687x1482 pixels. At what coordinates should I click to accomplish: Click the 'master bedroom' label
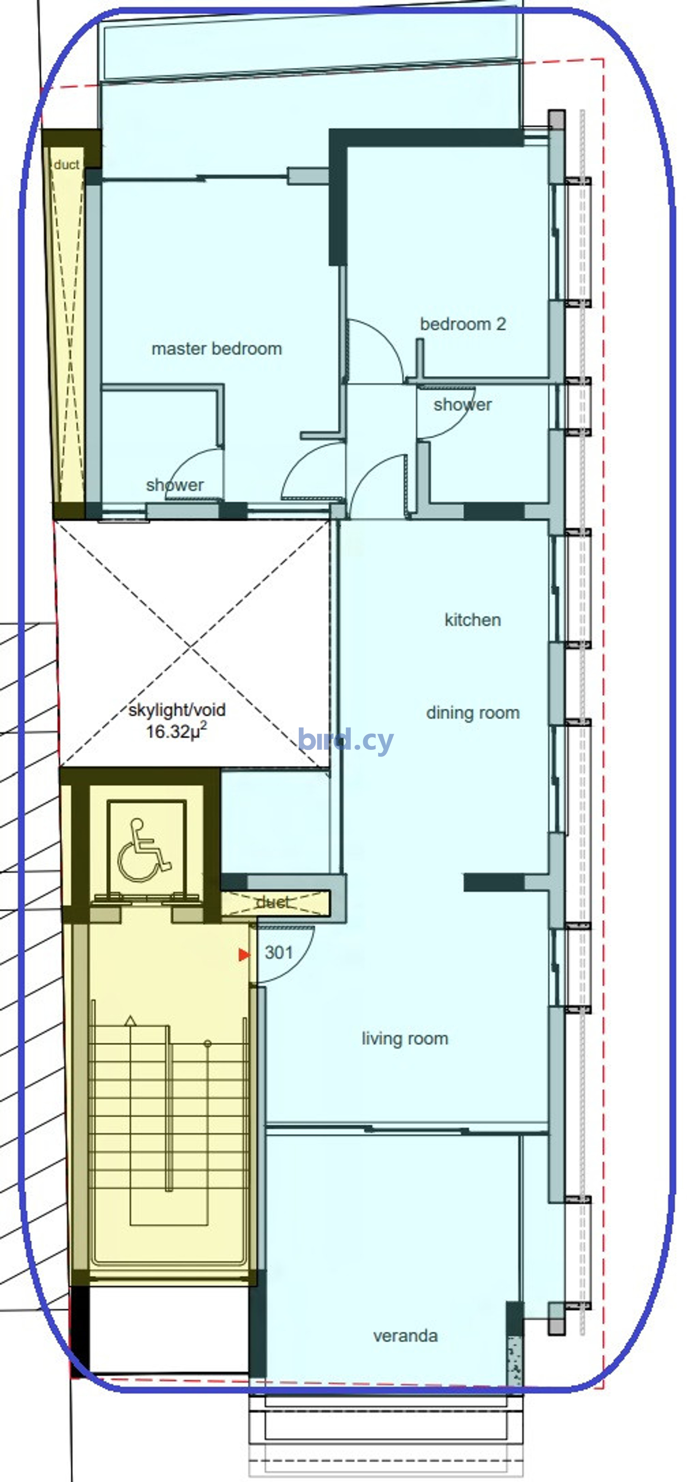point(217,349)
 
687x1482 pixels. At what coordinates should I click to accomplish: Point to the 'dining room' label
point(473,713)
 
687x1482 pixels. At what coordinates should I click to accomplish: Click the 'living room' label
point(405,1039)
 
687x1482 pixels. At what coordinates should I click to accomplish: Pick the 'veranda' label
point(406,1335)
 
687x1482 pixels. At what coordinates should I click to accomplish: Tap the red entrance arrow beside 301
point(244,954)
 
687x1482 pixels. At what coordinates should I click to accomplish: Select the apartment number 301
point(279,953)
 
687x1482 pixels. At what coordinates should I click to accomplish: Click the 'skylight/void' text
point(177,710)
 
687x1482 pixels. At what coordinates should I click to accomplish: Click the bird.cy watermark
point(346,740)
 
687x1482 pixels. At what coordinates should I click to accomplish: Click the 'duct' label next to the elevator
point(272,902)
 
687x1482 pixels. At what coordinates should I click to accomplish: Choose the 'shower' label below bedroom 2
point(463,404)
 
